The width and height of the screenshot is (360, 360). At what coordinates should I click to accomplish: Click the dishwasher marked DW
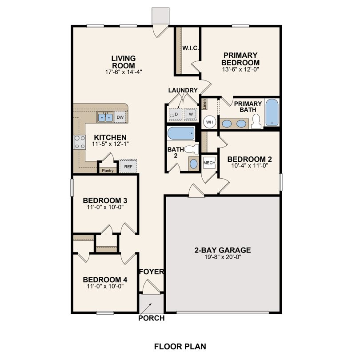point(120,117)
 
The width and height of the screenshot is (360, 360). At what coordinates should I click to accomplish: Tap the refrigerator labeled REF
point(128,167)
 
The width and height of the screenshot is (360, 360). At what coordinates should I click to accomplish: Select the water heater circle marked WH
point(209,122)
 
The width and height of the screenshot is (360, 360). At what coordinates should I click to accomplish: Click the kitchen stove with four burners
point(80,142)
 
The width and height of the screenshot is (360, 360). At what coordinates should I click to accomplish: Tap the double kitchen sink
point(105,117)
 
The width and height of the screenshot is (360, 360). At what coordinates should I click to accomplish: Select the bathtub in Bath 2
point(181,133)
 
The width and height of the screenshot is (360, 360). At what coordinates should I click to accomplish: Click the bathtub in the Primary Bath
point(272,112)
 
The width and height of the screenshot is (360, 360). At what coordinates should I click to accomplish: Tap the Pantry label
point(108,170)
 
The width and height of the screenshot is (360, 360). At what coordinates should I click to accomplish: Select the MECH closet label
point(209,163)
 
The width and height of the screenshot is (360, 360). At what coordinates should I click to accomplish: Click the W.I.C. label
point(190,48)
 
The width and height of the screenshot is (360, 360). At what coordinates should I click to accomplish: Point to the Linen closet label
point(204,104)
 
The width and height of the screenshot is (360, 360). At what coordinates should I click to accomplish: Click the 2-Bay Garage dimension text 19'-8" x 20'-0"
point(223,257)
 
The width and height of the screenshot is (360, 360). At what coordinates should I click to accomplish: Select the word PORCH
point(151,318)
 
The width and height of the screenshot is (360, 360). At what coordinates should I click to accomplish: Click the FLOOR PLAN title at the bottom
point(180,346)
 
